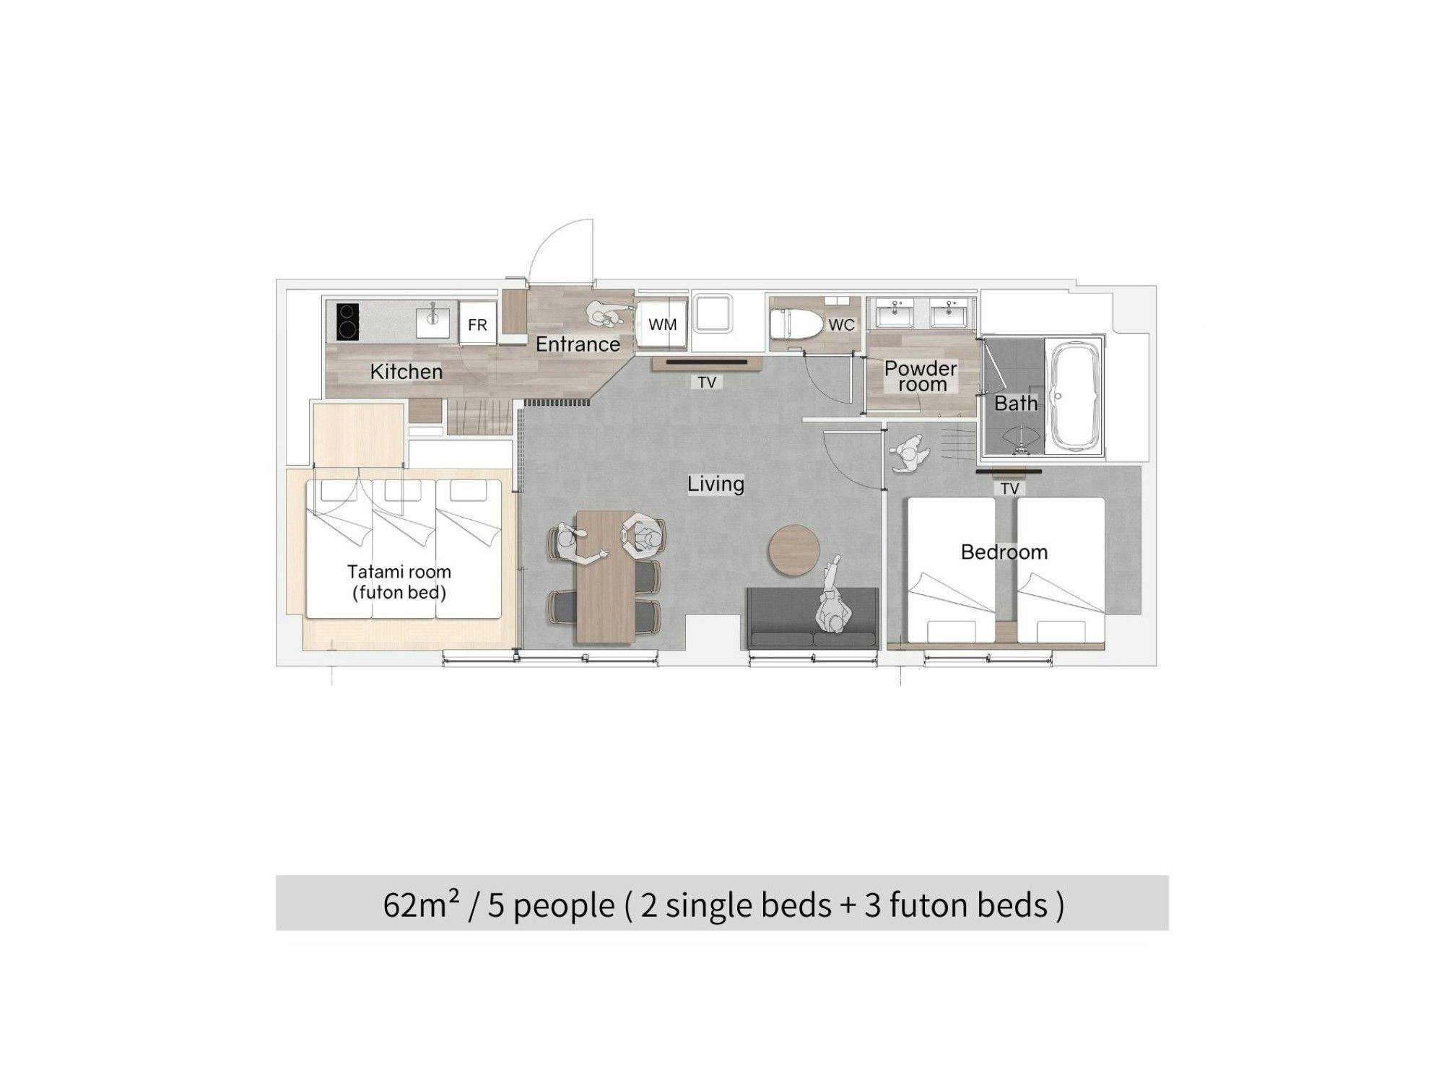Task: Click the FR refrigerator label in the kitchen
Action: point(477,325)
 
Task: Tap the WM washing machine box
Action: point(662,324)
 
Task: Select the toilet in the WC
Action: point(796,325)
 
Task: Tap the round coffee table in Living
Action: point(793,550)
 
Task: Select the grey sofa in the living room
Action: point(813,618)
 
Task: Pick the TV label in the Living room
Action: point(707,382)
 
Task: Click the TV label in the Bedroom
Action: point(1009,489)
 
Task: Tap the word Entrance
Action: point(578,344)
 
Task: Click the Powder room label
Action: point(921,376)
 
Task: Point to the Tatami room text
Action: point(399,572)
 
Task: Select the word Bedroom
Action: point(1004,552)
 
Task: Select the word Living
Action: point(716,484)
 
